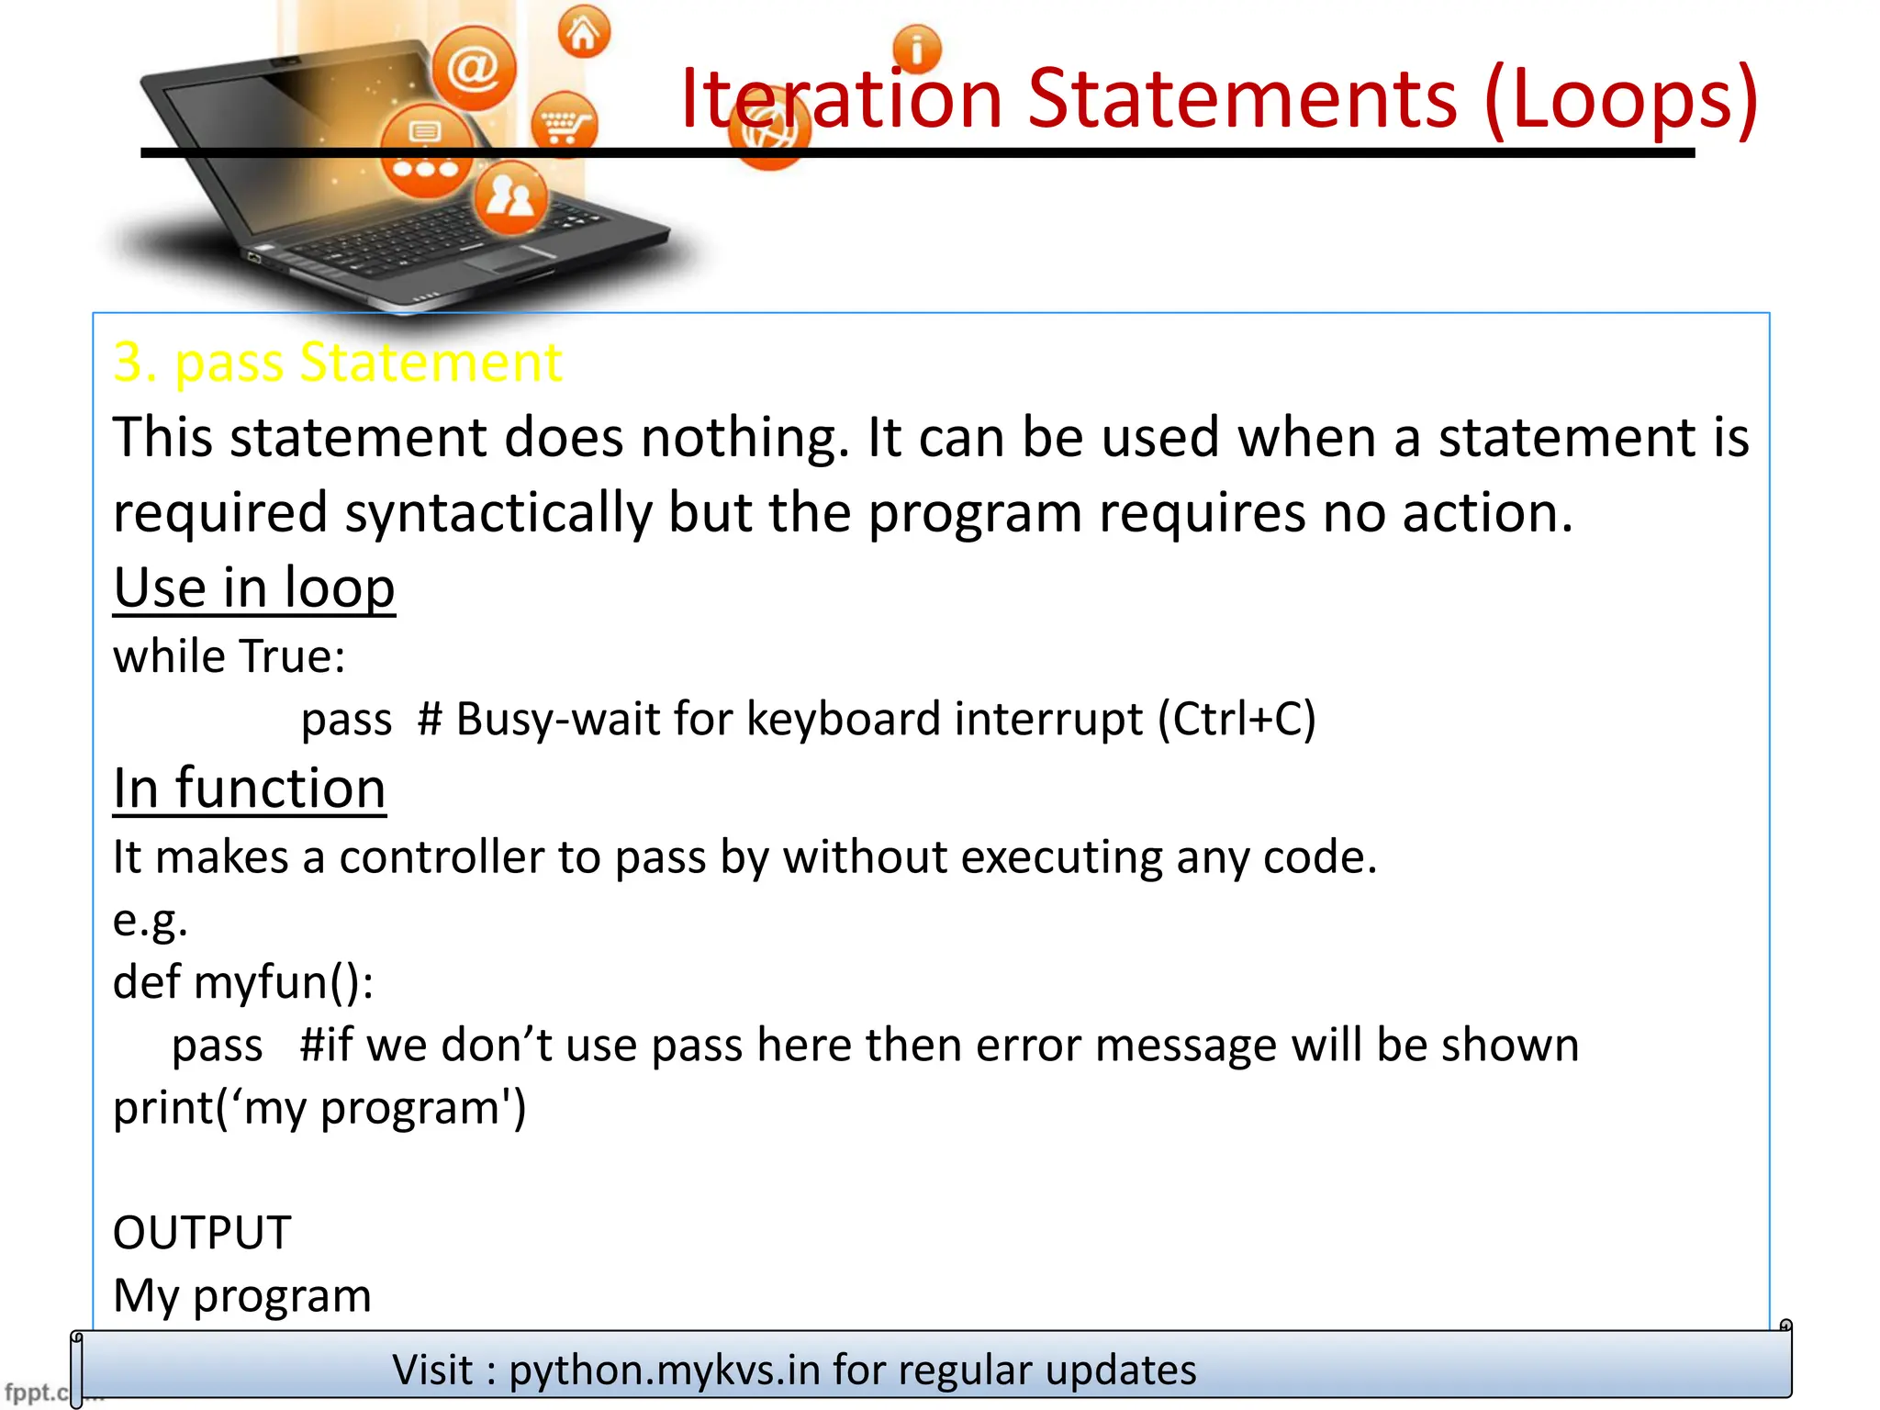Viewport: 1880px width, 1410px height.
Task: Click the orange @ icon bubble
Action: click(x=474, y=68)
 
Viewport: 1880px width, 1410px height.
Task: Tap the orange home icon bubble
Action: click(x=584, y=33)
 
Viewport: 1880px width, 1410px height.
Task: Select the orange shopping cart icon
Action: click(x=564, y=125)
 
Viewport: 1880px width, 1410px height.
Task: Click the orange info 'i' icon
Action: click(x=916, y=49)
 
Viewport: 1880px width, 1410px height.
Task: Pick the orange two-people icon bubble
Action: click(x=510, y=196)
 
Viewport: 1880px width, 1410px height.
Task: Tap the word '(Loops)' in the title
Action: click(x=1620, y=98)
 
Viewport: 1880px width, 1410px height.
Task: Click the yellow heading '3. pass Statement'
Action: click(x=337, y=362)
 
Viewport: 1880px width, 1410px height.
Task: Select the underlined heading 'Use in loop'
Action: click(x=254, y=587)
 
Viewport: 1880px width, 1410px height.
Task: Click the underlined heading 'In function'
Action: click(x=249, y=789)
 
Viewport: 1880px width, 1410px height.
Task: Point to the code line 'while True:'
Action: click(x=229, y=656)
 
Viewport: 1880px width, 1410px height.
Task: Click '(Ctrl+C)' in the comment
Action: click(x=1237, y=719)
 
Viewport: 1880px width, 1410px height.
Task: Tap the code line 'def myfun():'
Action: click(x=243, y=982)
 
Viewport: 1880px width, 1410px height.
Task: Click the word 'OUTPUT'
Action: click(x=202, y=1233)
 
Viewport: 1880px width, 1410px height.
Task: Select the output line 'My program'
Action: click(x=242, y=1296)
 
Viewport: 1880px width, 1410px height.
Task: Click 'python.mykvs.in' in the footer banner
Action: click(x=665, y=1371)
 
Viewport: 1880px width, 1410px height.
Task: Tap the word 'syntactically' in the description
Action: click(x=498, y=512)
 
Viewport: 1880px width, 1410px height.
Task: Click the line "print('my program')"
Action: click(x=319, y=1108)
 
